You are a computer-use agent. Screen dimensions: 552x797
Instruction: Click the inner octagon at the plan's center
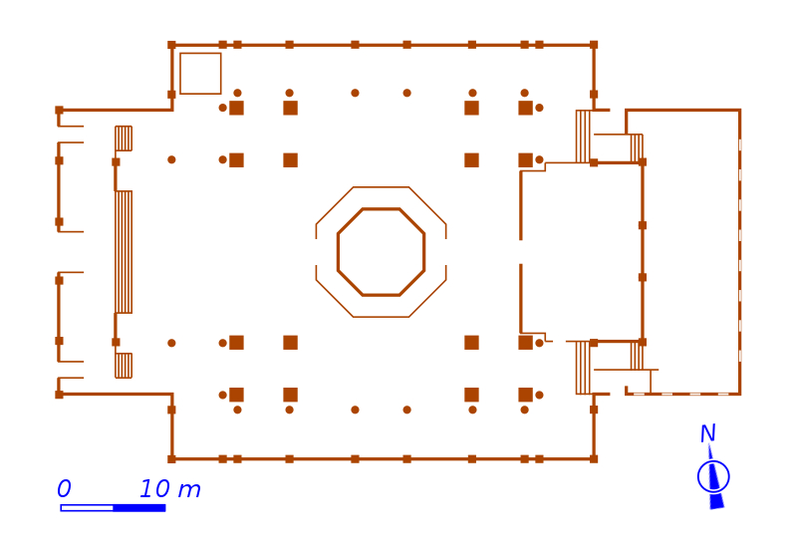381,252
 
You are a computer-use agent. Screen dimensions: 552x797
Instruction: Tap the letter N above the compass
707,434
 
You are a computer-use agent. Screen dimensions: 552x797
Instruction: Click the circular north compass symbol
713,476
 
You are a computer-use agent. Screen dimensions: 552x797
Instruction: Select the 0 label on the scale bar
64,489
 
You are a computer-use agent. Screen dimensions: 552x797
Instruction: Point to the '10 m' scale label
169,489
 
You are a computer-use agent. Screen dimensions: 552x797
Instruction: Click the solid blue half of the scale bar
138,508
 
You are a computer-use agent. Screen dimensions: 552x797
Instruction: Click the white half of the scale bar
87,508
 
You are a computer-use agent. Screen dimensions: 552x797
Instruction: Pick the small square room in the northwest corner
200,74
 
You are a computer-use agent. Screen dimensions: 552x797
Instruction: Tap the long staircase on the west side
124,252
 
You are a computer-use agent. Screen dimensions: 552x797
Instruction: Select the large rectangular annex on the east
691,252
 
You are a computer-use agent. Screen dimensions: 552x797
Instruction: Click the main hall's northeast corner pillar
594,45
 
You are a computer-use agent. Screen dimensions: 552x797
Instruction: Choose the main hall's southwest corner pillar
171,459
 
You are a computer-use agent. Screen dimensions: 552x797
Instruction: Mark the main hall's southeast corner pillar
594,459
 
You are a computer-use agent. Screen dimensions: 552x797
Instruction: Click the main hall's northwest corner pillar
171,45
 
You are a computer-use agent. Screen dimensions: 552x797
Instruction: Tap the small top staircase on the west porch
124,138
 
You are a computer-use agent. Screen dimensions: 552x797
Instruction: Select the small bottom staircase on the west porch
124,366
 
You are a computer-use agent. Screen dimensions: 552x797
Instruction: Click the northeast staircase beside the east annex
583,137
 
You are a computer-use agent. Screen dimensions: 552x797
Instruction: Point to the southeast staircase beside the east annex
583,368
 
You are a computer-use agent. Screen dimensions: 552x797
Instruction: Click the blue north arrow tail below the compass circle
716,501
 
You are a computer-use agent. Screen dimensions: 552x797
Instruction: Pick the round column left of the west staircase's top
171,159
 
